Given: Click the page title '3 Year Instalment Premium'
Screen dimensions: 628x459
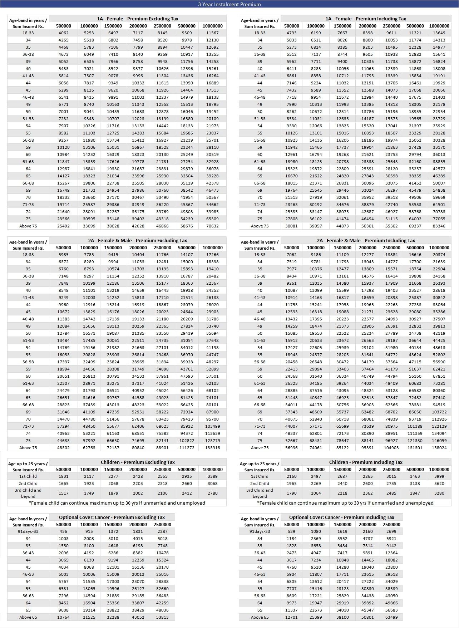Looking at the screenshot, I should tap(229, 4).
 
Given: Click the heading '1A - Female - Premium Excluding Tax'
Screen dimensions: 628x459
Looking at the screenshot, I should tap(138, 19).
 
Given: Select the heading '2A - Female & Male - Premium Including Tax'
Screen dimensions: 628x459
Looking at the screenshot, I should tap(366, 240).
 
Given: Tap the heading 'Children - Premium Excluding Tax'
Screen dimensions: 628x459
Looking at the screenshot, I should tap(138, 462).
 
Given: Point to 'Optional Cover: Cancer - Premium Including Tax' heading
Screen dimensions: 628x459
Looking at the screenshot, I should tap(341, 517).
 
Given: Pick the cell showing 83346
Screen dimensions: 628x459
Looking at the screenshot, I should tap(439, 226).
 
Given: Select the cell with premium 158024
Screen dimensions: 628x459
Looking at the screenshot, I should tap(439, 448).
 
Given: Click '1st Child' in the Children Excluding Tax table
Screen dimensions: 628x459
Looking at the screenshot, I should tap(28, 476).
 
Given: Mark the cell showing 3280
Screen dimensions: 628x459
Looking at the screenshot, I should tap(439, 493).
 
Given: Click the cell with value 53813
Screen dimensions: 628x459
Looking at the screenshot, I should tap(162, 617).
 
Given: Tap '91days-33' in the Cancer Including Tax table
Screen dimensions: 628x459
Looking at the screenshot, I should tap(260, 531).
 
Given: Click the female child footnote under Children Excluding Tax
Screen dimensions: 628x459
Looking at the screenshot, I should tap(117, 503).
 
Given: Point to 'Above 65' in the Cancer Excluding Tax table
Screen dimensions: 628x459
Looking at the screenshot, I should tap(28, 617).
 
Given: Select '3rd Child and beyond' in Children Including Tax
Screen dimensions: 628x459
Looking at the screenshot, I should tap(260, 493).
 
